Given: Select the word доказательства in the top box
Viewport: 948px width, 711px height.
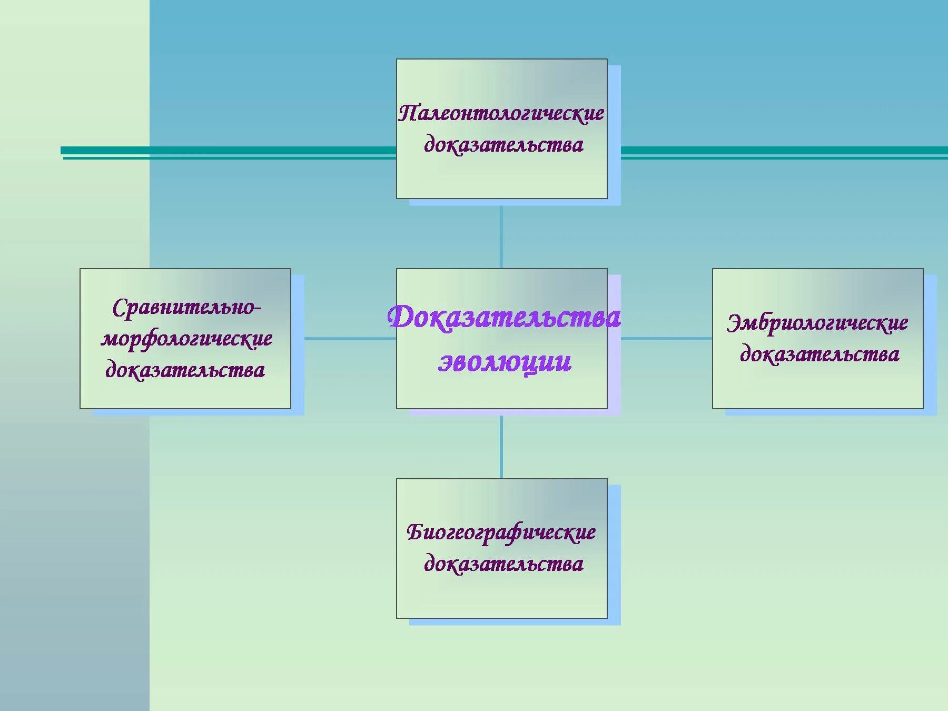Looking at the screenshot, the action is pyautogui.click(x=503, y=145).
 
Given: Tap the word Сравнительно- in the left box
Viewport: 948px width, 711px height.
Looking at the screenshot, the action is pyautogui.click(x=186, y=308).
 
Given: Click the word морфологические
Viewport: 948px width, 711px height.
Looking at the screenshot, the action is pyautogui.click(x=186, y=339).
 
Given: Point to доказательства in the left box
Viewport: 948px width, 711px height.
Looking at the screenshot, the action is pyautogui.click(x=185, y=370).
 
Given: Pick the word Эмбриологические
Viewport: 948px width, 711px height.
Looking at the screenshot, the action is pyautogui.click(x=817, y=323).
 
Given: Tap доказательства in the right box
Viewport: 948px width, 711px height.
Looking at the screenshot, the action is pyautogui.click(x=819, y=354).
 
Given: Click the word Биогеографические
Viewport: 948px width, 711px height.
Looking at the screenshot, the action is pyautogui.click(x=501, y=532).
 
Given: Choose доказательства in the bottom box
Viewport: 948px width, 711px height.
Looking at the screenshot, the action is pyautogui.click(x=503, y=564).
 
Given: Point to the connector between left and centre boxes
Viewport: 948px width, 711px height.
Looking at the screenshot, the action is pyautogui.click(x=350, y=339).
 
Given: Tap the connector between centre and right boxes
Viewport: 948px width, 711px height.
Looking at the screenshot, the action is pyautogui.click(x=666, y=339).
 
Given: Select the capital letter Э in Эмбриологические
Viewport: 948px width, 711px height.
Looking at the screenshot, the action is pyautogui.click(x=734, y=323).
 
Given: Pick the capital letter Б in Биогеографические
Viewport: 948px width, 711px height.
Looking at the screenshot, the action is pyautogui.click(x=415, y=532).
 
